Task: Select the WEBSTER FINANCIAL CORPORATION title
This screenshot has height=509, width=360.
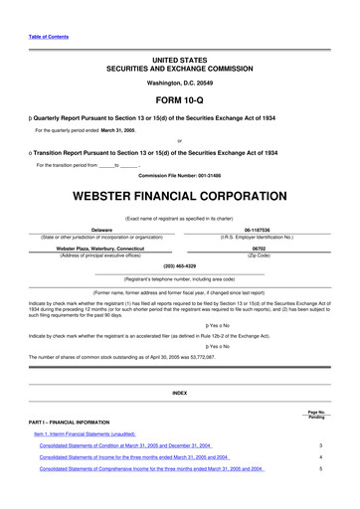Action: pos(180,186)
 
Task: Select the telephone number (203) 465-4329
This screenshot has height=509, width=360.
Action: pos(180,267)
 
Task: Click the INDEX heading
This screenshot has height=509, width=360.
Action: pos(180,394)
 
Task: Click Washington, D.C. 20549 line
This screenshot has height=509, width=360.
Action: pos(180,83)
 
